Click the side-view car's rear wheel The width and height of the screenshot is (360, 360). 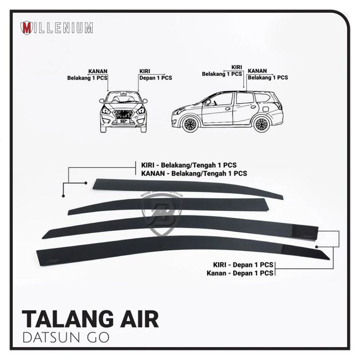click(261, 124)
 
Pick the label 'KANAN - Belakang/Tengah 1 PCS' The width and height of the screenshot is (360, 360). click(190, 173)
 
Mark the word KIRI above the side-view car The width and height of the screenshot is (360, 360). click(237, 66)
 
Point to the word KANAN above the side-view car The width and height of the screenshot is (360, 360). click(258, 71)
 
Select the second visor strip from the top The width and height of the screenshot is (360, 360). click(169, 205)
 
